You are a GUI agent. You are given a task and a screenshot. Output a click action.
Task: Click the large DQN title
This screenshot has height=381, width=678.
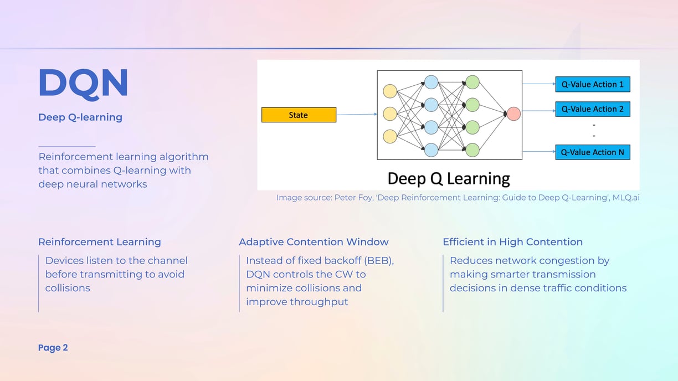click(83, 83)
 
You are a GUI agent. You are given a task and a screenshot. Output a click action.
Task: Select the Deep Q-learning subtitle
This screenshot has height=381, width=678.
click(80, 117)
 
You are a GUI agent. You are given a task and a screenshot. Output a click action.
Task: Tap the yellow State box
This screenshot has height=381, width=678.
click(299, 115)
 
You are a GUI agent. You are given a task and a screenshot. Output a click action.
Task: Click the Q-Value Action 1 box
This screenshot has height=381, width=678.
click(593, 84)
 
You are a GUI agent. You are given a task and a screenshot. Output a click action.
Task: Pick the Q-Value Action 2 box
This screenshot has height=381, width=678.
click(593, 109)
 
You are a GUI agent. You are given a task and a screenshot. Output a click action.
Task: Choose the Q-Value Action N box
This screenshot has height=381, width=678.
click(593, 152)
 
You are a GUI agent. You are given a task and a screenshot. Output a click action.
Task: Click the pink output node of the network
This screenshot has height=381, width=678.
click(513, 114)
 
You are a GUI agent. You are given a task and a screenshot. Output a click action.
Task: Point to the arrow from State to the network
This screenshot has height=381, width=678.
click(357, 115)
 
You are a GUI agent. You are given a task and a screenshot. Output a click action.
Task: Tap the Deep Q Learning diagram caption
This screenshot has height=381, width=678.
click(449, 178)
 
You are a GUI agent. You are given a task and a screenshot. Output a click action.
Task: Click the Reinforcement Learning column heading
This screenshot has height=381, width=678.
click(100, 242)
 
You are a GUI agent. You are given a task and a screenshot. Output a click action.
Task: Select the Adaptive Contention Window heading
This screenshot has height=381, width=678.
click(314, 242)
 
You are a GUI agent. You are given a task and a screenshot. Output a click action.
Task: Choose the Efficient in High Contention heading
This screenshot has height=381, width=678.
click(512, 242)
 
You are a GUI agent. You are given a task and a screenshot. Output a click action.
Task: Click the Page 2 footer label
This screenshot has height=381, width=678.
click(53, 348)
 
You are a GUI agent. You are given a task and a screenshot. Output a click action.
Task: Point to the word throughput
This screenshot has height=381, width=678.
click(319, 302)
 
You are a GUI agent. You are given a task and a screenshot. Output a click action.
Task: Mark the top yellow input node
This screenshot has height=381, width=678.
click(390, 91)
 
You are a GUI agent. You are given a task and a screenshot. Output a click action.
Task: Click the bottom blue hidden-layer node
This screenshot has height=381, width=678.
click(431, 150)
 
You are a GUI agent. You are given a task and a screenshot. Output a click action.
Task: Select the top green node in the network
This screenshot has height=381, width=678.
click(472, 82)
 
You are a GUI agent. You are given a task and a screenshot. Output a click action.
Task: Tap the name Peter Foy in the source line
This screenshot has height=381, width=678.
click(353, 198)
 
